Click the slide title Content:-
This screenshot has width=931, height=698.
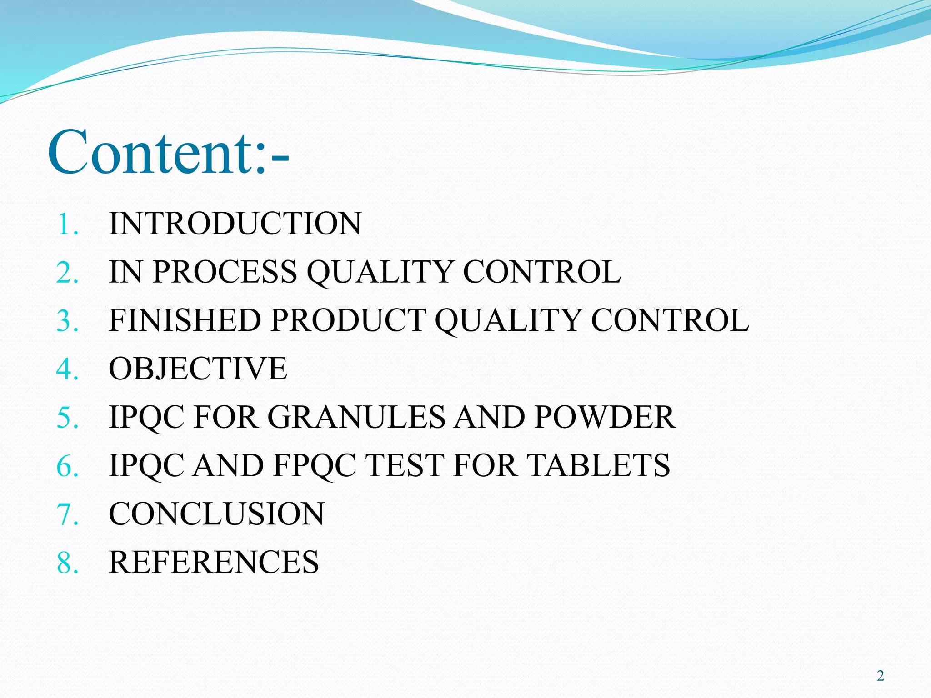point(168,152)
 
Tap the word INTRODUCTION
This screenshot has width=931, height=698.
point(235,224)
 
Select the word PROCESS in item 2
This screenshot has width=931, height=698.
point(225,272)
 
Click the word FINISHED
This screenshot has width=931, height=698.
point(185,320)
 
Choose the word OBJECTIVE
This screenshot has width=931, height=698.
point(198,369)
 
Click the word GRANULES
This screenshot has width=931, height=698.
point(356,417)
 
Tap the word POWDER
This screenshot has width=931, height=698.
point(605,417)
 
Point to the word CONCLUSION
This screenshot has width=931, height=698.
point(216,514)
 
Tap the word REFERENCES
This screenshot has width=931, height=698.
point(214,562)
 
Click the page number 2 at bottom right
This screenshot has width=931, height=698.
point(881,676)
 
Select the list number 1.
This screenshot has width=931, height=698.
point(66,224)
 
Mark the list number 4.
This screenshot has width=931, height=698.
point(67,369)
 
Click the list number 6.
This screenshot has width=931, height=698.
point(67,466)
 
